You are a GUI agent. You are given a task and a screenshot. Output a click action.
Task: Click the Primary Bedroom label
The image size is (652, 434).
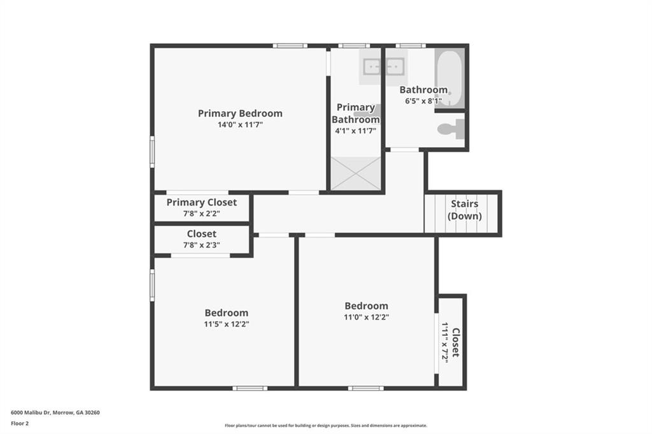(240, 113)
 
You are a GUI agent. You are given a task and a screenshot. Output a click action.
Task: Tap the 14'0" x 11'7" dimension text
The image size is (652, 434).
(240, 125)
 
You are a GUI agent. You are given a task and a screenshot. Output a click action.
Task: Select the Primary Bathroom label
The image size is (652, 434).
(355, 113)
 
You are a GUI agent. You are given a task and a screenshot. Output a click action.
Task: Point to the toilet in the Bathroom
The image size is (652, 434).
(450, 129)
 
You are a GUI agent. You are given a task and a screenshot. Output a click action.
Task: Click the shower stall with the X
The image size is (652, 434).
(356, 172)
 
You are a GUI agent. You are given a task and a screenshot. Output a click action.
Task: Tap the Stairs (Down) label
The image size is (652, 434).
(465, 210)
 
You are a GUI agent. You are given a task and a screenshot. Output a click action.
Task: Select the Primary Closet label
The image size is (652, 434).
(201, 202)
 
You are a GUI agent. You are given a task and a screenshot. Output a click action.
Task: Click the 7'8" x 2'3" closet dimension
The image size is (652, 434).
(201, 245)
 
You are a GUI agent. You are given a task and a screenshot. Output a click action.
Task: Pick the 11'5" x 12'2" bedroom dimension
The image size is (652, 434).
(226, 324)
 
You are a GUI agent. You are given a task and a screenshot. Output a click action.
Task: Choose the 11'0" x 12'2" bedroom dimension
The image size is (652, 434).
(366, 317)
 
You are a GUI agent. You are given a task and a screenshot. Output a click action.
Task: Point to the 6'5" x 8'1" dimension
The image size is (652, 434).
(423, 101)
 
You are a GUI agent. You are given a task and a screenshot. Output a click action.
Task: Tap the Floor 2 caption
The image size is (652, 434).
(20, 423)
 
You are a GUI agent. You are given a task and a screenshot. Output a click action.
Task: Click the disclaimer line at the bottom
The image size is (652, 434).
(325, 426)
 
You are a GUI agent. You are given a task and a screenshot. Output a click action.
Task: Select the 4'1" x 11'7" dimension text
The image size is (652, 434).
(355, 131)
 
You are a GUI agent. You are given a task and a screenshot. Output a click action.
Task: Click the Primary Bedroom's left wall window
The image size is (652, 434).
(152, 152)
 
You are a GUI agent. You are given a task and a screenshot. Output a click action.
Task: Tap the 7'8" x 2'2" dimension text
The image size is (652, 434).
(201, 214)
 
